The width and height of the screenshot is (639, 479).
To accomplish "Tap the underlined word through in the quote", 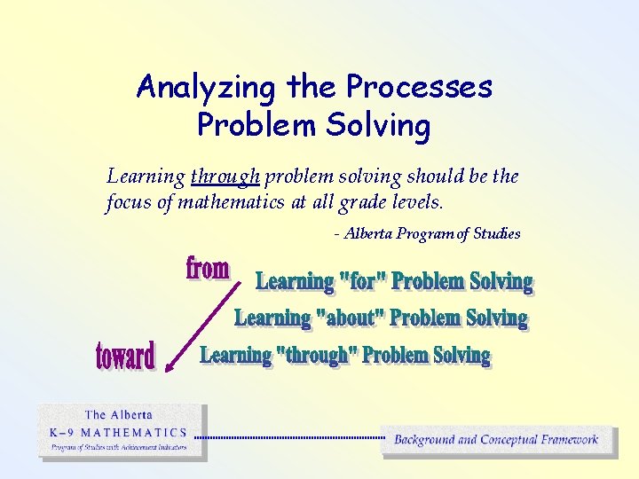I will coord(225,176).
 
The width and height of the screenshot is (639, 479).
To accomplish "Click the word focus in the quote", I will coord(128,202).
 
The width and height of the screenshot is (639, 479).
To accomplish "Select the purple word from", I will coord(208,268).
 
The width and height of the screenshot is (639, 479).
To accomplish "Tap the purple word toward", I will coord(125,356).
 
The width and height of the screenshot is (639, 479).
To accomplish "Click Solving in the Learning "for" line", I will coord(501,282).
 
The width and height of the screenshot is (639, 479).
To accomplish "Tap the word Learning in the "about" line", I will coord(272,318).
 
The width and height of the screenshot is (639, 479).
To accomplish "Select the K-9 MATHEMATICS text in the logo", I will coord(118,433).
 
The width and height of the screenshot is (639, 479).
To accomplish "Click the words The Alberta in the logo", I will coord(119,415).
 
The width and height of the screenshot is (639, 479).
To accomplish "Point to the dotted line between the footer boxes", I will coord(289,437).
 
